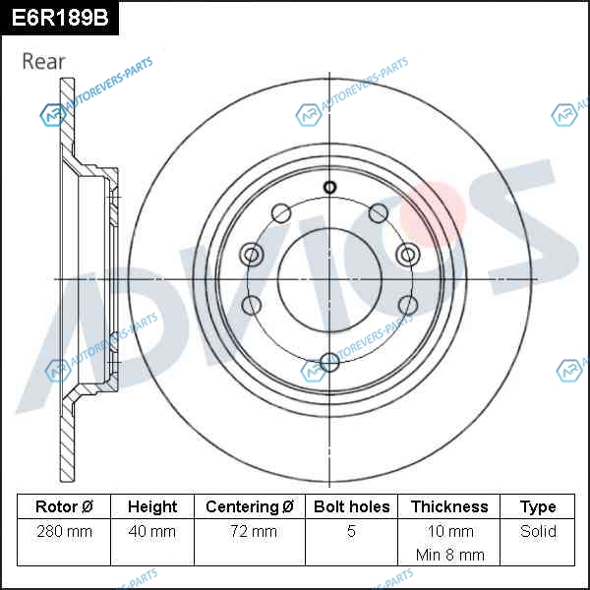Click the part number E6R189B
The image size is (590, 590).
60,18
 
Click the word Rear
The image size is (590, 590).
43,61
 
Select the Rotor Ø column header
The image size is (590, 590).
64,506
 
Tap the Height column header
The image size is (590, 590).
152,506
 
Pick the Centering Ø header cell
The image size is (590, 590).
250,506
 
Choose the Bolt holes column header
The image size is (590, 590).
351,506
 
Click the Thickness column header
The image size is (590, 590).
449,506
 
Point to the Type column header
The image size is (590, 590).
538,507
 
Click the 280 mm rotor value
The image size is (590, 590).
64,531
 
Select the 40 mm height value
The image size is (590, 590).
152,531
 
